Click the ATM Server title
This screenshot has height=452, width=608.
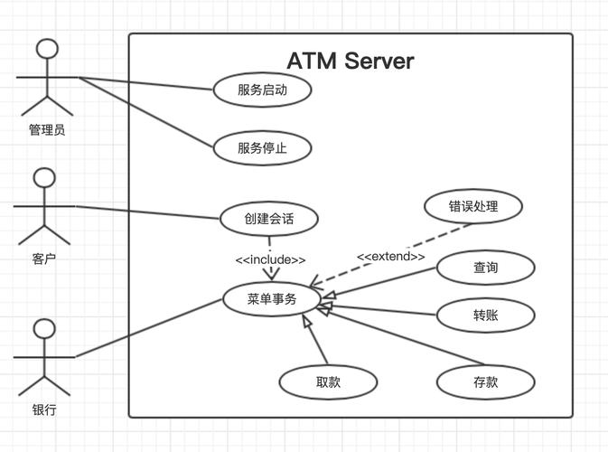click(350, 61)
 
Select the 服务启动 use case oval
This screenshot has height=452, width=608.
click(262, 89)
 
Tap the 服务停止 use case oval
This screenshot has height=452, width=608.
click(262, 148)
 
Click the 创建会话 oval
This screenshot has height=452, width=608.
click(268, 218)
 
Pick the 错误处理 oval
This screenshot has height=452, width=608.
click(472, 205)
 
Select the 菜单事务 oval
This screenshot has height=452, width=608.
click(271, 299)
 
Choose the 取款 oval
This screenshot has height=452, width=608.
click(328, 381)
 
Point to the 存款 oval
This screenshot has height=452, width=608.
click(485, 381)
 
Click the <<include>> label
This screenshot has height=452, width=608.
click(270, 259)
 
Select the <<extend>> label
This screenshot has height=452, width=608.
click(390, 257)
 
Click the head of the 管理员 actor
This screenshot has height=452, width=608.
click(46, 50)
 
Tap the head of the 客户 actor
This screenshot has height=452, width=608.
click(44, 176)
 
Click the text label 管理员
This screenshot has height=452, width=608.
click(46, 130)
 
